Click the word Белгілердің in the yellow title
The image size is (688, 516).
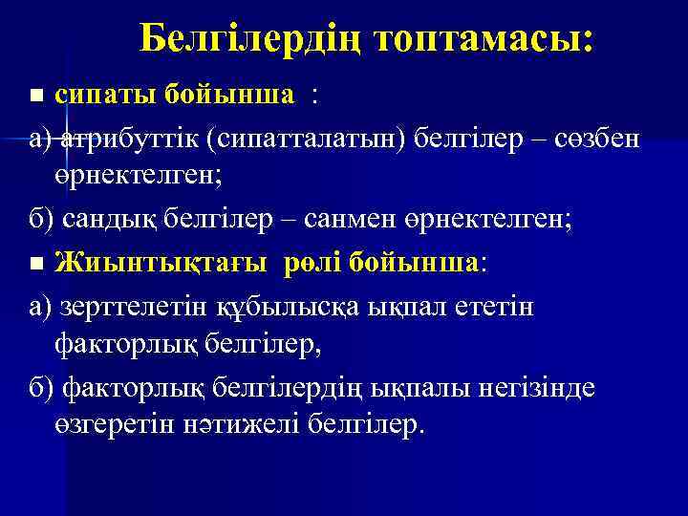click(x=251, y=39)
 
